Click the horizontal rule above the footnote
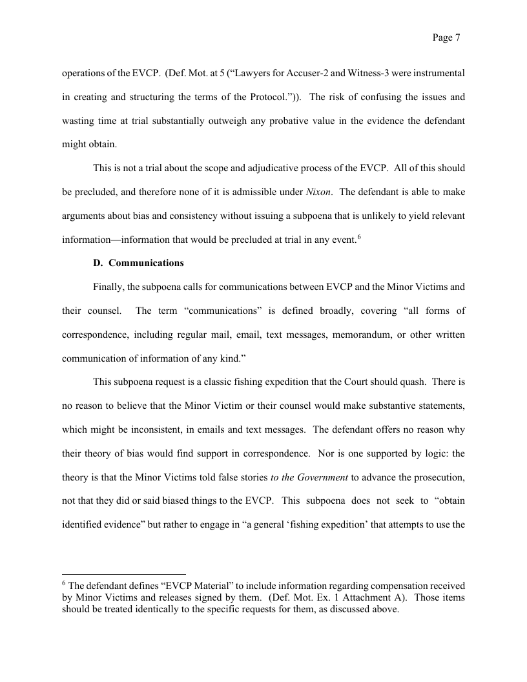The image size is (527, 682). click(123, 573)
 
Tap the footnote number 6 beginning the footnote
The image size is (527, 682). click(64, 584)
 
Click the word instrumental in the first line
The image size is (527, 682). click(439, 73)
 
